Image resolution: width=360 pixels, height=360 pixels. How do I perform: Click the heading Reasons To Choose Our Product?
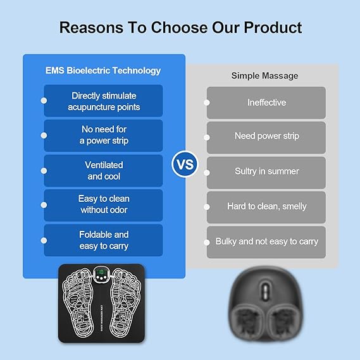[180, 28]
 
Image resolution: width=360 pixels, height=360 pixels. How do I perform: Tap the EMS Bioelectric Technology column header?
[104, 71]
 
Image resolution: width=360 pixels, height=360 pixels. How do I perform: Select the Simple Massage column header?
[264, 76]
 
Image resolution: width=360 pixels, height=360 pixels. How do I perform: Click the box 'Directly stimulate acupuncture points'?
[104, 101]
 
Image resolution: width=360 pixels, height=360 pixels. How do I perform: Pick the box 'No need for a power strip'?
[104, 135]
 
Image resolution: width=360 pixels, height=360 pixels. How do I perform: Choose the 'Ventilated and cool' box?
[104, 171]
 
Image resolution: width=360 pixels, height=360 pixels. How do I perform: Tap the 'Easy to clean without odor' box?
[104, 204]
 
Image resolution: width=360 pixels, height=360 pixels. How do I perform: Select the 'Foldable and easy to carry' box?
[104, 240]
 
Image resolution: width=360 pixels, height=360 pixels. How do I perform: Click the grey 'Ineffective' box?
[266, 102]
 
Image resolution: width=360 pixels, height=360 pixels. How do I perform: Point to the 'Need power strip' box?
[266, 137]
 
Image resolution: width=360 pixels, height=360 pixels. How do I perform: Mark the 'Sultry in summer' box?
[266, 171]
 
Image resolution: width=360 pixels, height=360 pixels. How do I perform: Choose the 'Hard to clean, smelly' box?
[266, 207]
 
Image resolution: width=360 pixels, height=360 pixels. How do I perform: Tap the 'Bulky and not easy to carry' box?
[266, 242]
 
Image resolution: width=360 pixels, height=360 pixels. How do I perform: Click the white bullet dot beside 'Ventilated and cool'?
[44, 170]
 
